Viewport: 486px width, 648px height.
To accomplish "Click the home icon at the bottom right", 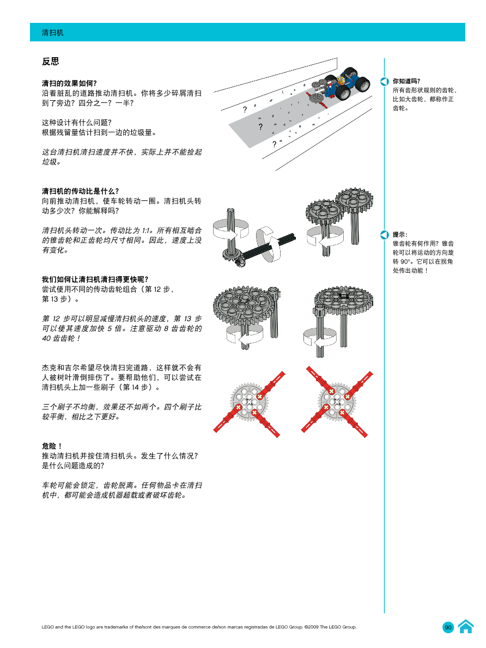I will pyautogui.click(x=465, y=627).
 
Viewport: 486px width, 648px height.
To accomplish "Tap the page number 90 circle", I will pyautogui.click(x=448, y=627).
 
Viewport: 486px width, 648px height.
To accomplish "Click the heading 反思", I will pyautogui.click(x=51, y=62).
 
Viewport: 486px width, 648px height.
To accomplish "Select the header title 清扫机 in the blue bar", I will pyautogui.click(x=53, y=33).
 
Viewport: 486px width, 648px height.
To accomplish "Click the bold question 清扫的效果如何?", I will pyautogui.click(x=69, y=83).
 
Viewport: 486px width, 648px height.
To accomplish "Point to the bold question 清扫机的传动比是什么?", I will pyautogui.click(x=80, y=191).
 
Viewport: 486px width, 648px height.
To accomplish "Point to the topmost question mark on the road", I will pyautogui.click(x=245, y=110).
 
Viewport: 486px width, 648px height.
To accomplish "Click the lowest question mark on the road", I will pyautogui.click(x=274, y=144).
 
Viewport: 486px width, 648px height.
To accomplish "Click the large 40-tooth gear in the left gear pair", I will pyautogui.click(x=240, y=307).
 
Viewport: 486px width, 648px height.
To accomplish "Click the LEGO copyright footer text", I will pyautogui.click(x=199, y=627).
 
